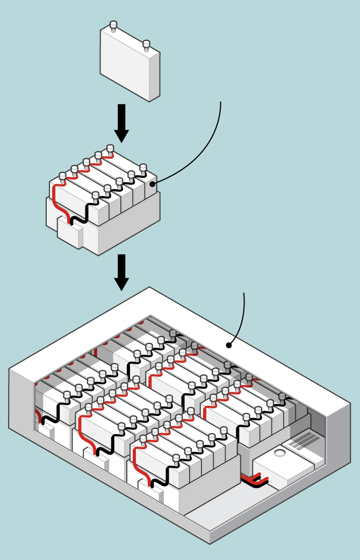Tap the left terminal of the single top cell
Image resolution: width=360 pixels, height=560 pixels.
click(113, 26)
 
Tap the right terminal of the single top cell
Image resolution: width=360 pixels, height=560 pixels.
click(146, 45)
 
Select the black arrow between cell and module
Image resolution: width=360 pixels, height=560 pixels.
click(121, 123)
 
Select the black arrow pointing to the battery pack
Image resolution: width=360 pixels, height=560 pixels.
click(121, 272)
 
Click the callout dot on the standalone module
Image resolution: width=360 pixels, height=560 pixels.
click(152, 184)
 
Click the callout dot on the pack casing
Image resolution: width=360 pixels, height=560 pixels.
click(228, 345)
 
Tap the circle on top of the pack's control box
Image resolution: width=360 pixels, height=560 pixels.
click(279, 454)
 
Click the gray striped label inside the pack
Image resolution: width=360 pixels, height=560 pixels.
click(304, 441)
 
